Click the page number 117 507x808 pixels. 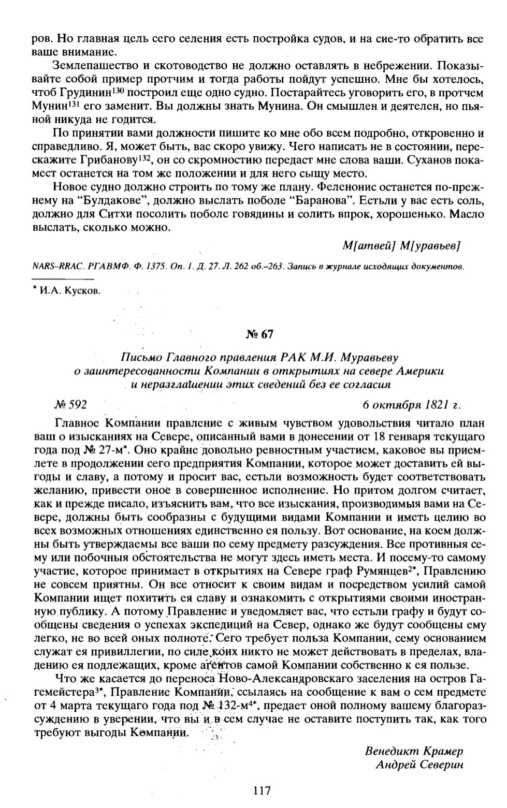pos(263,790)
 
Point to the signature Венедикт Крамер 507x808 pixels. pos(414,751)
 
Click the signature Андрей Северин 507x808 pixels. pos(419,764)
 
